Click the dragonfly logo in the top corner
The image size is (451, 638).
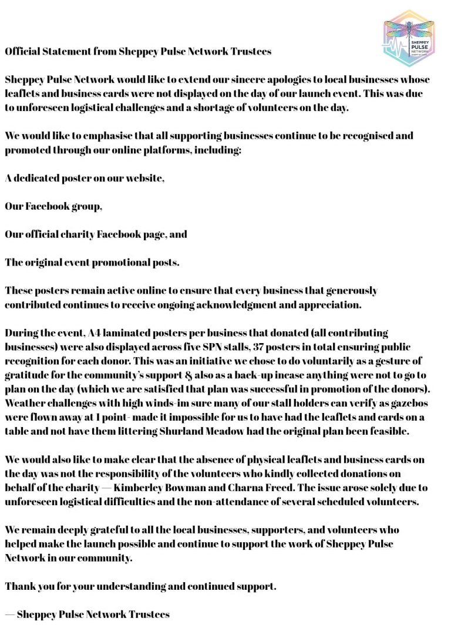(x=409, y=38)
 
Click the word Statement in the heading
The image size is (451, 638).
(x=66, y=52)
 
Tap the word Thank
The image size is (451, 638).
(x=18, y=586)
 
